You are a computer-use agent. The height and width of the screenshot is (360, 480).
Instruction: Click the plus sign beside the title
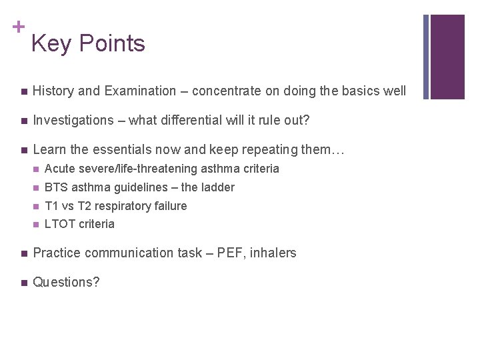point(17,27)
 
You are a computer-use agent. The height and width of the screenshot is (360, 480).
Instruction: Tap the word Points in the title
point(111,44)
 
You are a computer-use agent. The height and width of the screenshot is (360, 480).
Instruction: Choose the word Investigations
point(73,120)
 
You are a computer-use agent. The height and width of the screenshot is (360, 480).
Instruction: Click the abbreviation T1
point(51,206)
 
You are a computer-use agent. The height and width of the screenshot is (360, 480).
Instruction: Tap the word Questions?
point(66,282)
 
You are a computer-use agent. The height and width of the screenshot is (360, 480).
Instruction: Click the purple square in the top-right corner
point(447,57)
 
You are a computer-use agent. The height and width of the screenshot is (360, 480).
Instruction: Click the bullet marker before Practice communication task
point(23,253)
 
